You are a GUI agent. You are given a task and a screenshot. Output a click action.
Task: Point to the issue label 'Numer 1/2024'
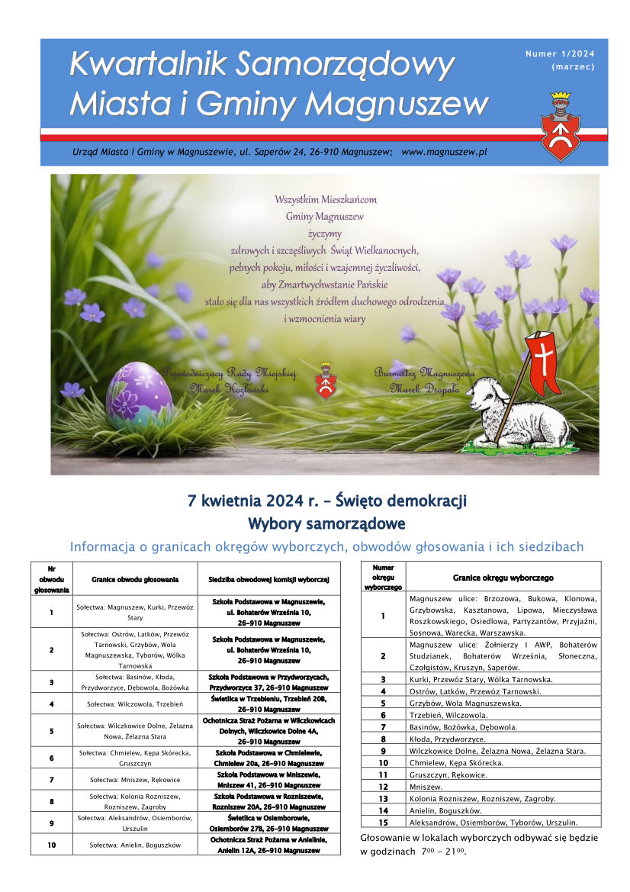coord(560,53)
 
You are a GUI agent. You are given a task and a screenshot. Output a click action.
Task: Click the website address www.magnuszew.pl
coord(444,153)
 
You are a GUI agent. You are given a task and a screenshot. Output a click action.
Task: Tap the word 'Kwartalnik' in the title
coord(147,66)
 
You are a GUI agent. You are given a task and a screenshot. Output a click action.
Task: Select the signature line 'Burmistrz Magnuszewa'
coord(424,373)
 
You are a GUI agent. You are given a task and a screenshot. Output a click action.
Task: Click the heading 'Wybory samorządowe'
coord(326,524)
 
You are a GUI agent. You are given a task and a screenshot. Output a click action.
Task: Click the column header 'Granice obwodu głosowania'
coord(135,580)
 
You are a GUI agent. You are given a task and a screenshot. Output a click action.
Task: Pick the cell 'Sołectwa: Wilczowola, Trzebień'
coord(135,704)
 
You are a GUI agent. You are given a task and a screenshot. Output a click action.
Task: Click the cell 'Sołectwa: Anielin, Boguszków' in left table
coord(135,845)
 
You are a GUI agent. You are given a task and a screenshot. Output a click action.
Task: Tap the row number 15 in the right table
coord(383,822)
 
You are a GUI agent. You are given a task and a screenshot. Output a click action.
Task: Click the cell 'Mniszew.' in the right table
coord(428,786)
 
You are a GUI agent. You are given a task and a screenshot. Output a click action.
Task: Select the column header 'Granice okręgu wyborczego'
coord(503,578)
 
